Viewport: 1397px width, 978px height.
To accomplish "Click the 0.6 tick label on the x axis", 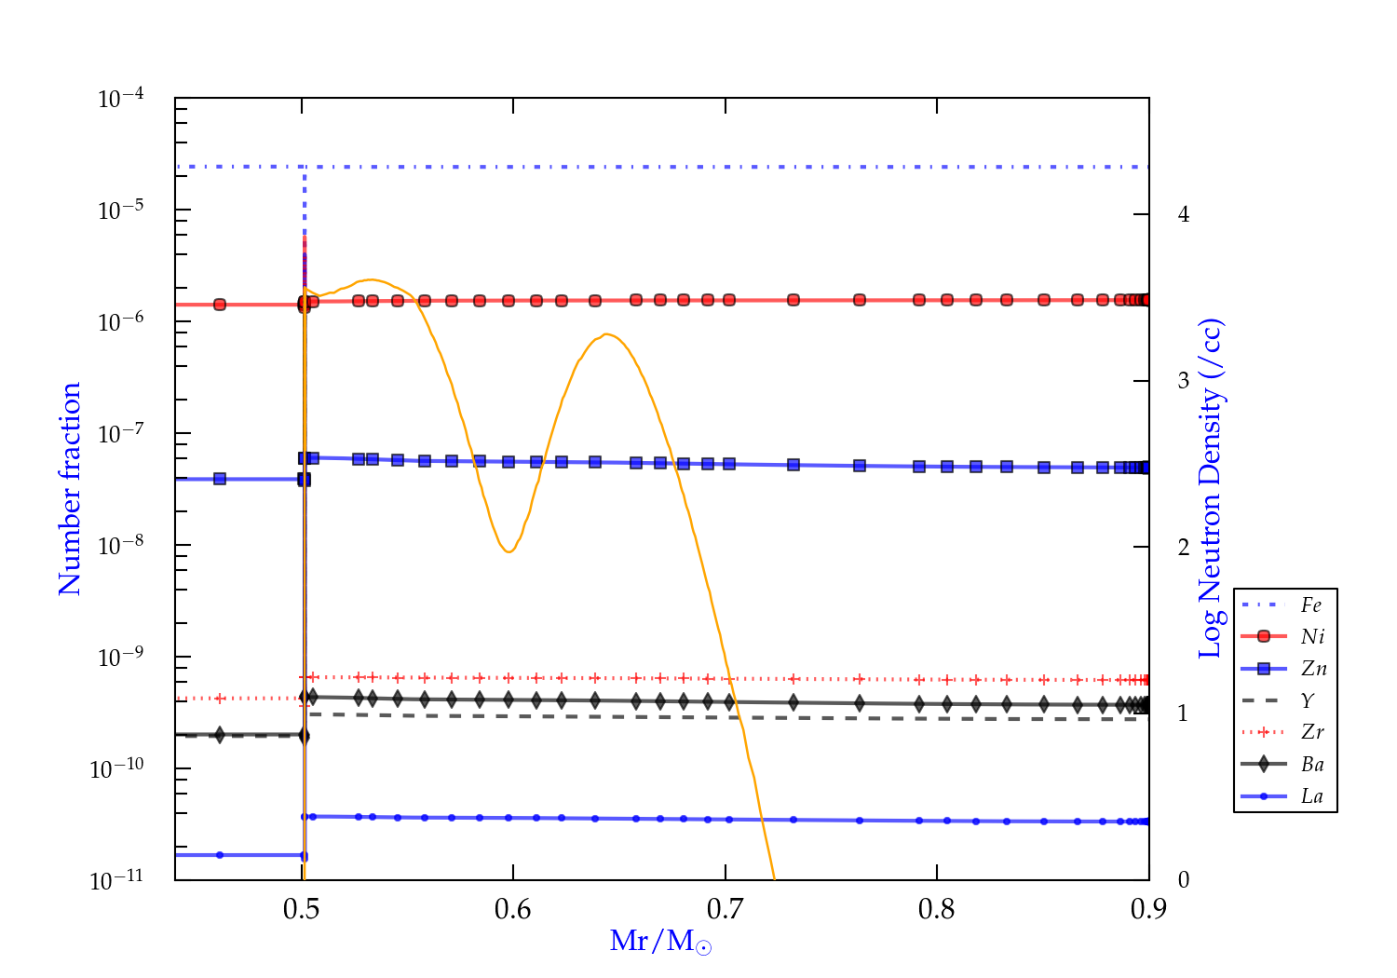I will [x=513, y=909].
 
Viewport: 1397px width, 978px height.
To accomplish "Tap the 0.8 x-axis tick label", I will [x=937, y=909].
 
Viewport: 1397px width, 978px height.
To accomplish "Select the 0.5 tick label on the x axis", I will [x=302, y=909].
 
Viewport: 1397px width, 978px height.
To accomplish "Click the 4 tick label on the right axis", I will [x=1184, y=214].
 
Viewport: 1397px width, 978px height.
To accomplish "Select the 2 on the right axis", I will [x=1184, y=547].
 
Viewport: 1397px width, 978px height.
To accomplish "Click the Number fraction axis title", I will [x=71, y=489].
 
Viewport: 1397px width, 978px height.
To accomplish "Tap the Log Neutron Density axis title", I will [x=1210, y=489].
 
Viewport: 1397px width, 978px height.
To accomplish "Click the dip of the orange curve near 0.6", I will [x=509, y=551].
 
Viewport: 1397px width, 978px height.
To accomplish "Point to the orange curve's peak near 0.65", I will [x=606, y=334].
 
